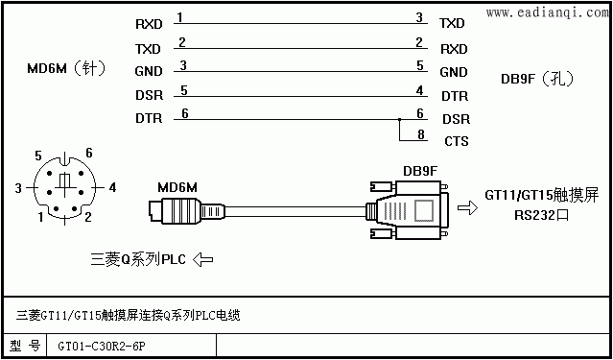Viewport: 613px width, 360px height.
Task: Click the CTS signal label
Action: coord(457,141)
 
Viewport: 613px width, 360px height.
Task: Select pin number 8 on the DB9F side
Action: coord(420,134)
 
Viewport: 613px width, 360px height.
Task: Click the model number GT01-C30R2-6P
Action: coord(103,347)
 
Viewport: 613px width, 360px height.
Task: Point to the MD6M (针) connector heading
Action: coord(66,69)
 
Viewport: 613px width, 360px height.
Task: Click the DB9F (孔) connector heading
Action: coord(537,79)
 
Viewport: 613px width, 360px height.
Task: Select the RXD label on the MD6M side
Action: coord(149,24)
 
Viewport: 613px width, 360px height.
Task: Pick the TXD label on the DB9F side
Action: coord(452,23)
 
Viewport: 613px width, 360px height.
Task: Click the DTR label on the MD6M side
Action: coord(149,119)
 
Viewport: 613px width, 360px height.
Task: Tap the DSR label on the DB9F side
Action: coord(457,119)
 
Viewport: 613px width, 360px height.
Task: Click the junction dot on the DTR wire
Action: coord(399,119)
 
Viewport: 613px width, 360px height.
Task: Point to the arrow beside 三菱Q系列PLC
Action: coord(203,259)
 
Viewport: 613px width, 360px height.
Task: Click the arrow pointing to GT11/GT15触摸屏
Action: coord(467,207)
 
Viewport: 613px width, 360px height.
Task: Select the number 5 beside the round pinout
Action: coord(38,156)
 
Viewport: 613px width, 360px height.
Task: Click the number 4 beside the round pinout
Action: coord(112,188)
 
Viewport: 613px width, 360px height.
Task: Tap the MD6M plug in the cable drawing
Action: coord(187,210)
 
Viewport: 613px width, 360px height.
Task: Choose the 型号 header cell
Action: coord(25,346)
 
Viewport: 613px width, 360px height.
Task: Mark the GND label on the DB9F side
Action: coord(454,72)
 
